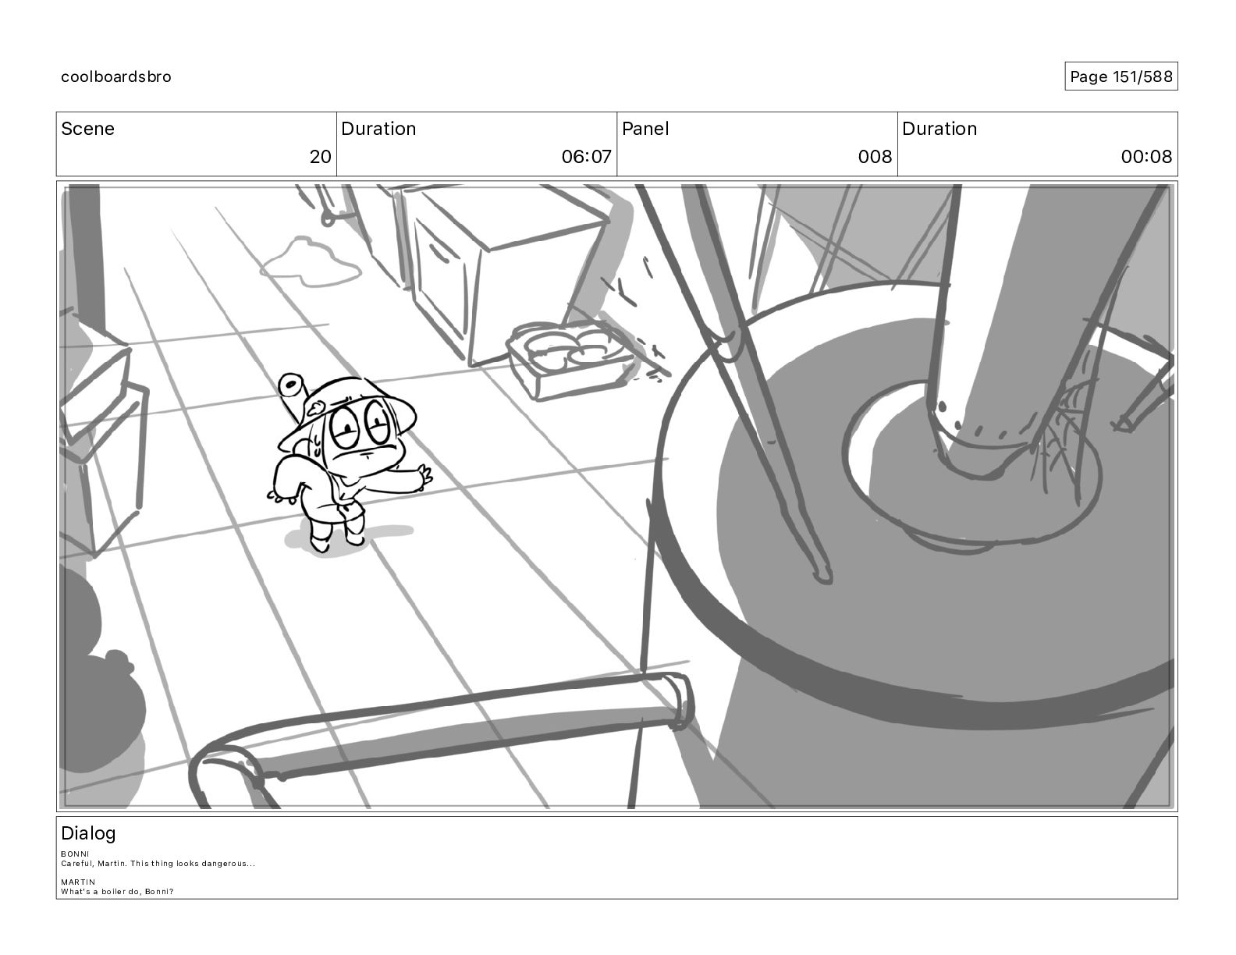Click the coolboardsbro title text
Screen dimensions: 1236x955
[x=116, y=76]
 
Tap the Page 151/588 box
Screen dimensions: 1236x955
[x=1121, y=76]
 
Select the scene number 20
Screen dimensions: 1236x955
[x=320, y=156]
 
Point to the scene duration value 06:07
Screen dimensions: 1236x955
[x=586, y=156]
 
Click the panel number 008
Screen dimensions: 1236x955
[x=875, y=156]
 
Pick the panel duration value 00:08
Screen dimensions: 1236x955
[x=1146, y=156]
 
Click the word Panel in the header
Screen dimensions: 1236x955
[x=645, y=129]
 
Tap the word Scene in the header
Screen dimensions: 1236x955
[x=87, y=129]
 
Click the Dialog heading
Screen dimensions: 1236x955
[x=88, y=833]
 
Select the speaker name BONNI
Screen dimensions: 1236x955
[x=75, y=854]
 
